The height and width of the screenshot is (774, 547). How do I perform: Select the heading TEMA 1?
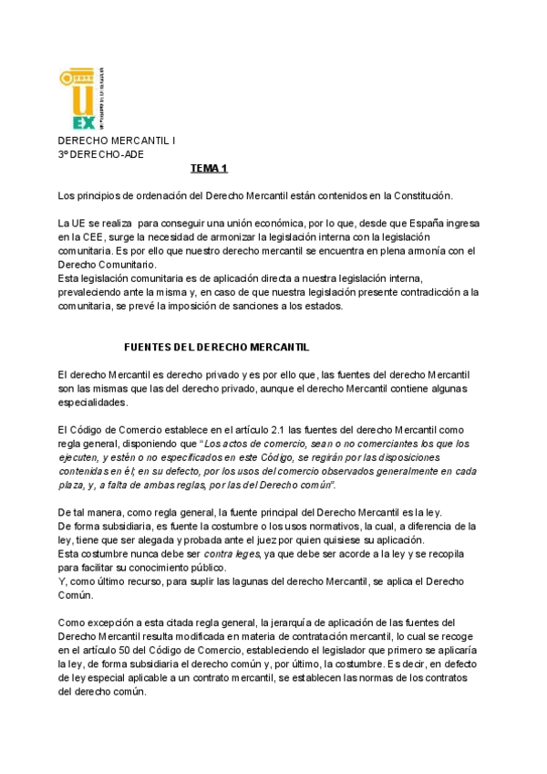point(209,169)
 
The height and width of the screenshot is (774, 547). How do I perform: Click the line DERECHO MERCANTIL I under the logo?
point(118,142)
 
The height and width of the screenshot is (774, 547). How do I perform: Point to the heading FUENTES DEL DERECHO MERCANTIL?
point(216,348)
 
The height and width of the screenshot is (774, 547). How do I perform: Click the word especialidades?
point(93,403)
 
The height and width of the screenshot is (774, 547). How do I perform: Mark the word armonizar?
point(236,237)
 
